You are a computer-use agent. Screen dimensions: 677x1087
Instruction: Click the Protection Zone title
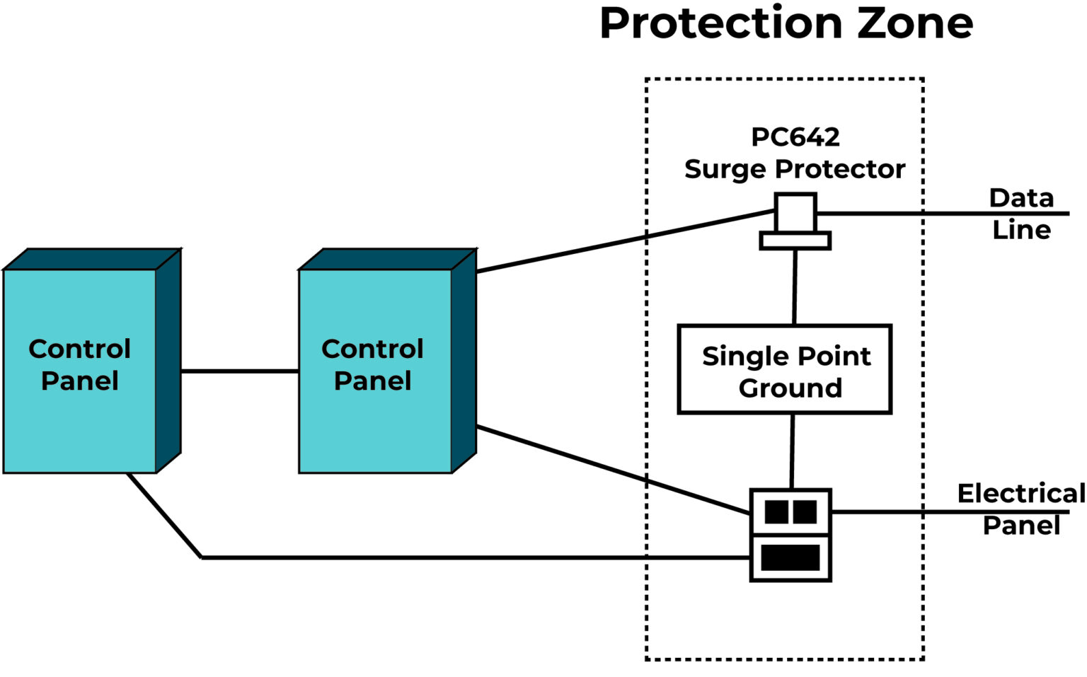(x=786, y=24)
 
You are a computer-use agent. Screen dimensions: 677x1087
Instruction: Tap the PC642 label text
(x=795, y=137)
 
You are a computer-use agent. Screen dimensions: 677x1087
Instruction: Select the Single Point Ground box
(x=784, y=369)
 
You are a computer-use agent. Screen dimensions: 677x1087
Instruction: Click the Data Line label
(x=1020, y=214)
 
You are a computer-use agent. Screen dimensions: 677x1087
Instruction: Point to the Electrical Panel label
(x=1020, y=509)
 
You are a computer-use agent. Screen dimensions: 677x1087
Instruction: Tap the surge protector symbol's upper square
(x=795, y=213)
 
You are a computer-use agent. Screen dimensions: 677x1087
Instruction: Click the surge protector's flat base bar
(x=795, y=241)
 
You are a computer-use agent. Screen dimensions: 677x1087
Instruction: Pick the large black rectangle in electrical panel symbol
(x=790, y=558)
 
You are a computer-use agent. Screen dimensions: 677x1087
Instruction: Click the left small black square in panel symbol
(x=776, y=511)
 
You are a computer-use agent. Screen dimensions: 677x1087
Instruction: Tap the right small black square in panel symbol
(x=805, y=511)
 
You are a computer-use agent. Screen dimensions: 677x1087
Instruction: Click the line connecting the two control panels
(x=239, y=371)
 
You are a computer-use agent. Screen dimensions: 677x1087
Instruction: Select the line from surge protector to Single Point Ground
(x=795, y=287)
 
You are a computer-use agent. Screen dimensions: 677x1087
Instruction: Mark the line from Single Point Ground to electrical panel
(x=792, y=451)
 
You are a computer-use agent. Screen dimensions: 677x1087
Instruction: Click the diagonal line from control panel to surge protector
(x=623, y=241)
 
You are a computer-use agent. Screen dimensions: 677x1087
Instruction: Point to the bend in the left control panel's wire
(x=202, y=557)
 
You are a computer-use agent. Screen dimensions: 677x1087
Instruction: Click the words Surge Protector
(x=795, y=170)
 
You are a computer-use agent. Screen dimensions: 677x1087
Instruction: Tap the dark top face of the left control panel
(x=92, y=259)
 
